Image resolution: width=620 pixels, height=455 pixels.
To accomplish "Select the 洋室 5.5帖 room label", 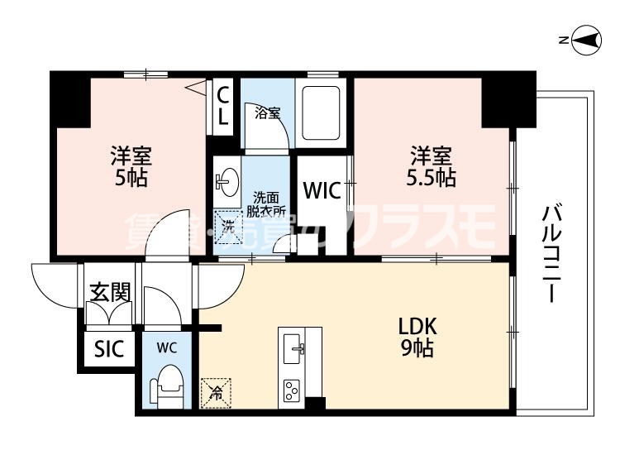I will coord(432,165).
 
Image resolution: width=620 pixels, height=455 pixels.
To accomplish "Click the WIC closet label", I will coord(321,191).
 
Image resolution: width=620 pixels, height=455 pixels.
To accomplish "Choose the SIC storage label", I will coord(108,349).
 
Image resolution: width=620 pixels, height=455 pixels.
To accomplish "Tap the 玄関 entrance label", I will coord(110,292).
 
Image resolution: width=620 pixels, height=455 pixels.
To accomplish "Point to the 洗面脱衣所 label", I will coord(265,204).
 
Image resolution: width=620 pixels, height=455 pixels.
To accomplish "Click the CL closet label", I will coord(222,105).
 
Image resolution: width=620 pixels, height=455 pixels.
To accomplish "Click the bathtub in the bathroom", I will coord(322,111).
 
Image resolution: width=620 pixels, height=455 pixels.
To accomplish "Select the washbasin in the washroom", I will coord(226,181).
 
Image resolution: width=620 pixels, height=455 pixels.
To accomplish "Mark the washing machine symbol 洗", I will coord(226,223).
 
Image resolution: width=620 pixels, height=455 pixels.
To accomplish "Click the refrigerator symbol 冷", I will coord(216,391).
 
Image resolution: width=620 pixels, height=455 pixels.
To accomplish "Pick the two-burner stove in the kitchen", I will coord(293,388).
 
